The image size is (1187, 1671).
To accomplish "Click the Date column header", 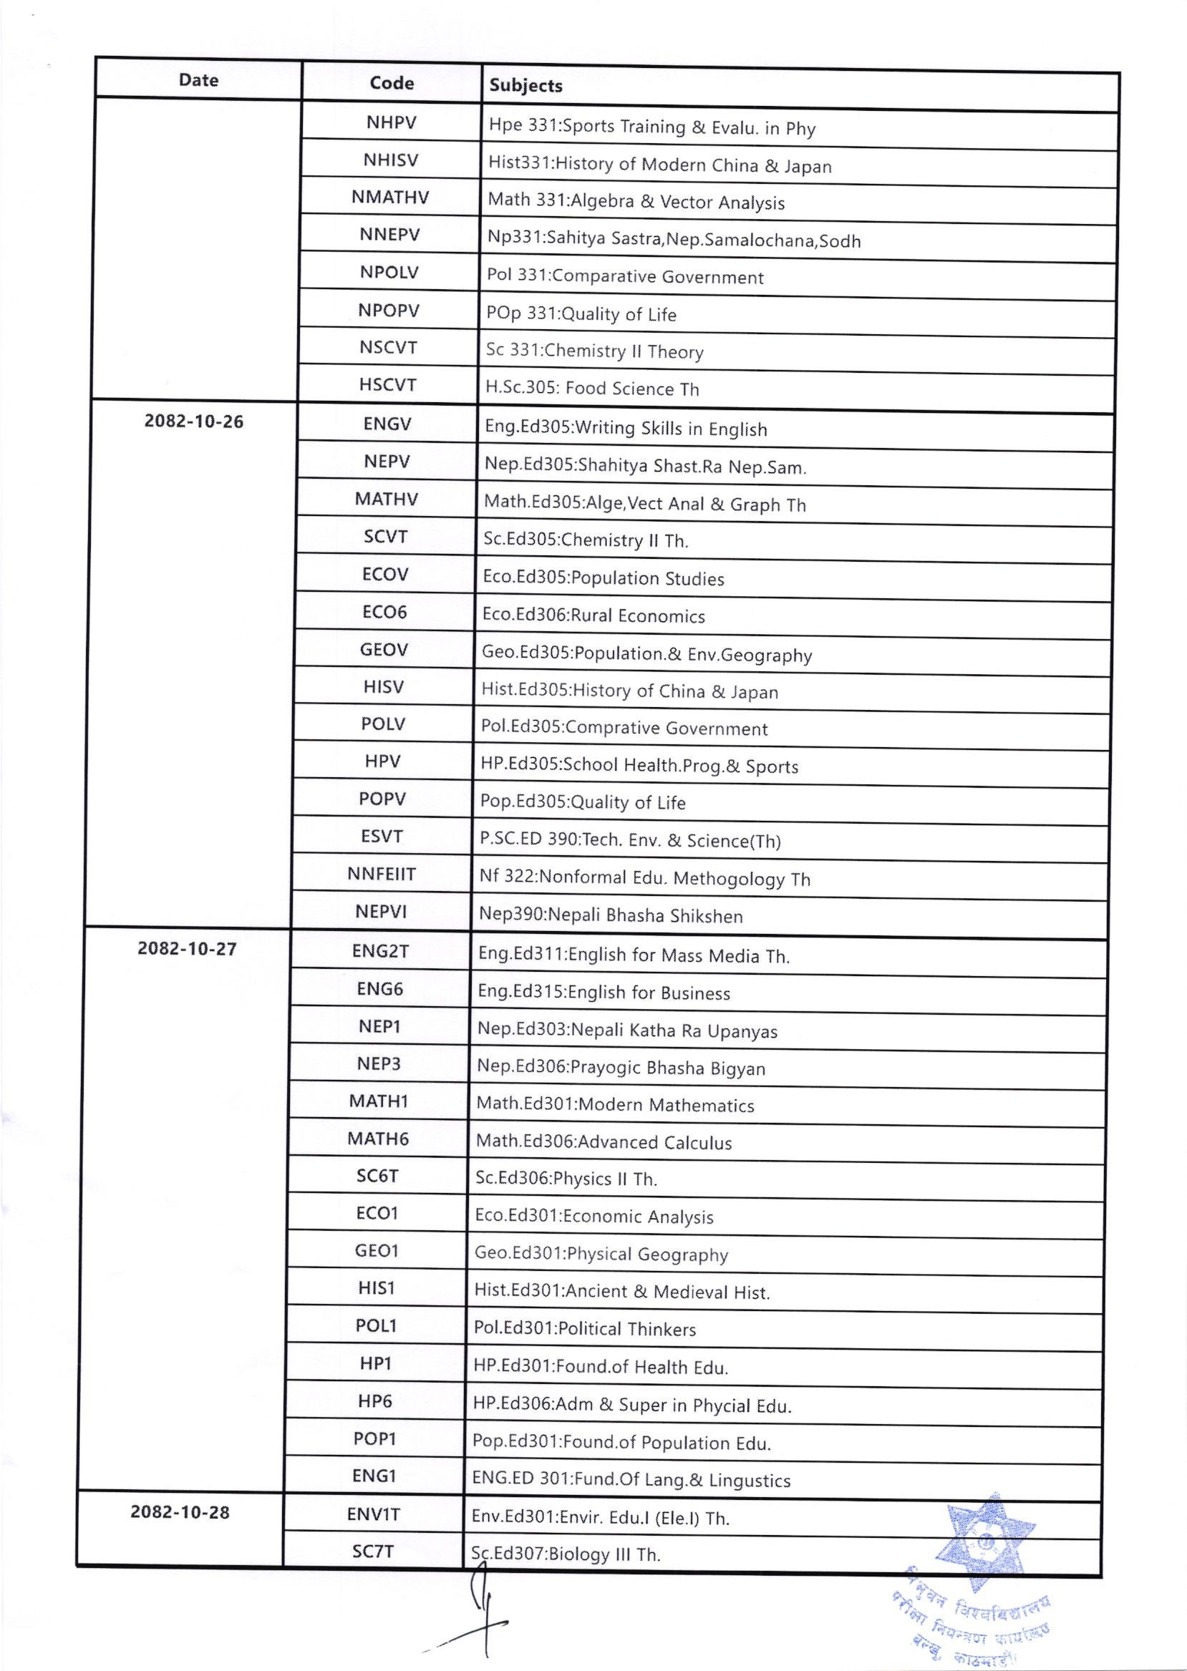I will (x=198, y=79).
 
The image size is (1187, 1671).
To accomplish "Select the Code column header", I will (x=392, y=83).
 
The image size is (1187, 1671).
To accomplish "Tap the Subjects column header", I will (x=525, y=85).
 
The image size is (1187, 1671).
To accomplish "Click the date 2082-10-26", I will (x=194, y=422).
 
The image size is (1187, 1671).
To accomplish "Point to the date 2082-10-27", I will (x=187, y=948).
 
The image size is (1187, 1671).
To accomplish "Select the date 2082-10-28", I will (x=180, y=1511).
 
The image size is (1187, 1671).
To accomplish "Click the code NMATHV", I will (x=389, y=198).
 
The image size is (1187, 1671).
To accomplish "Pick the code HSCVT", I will (x=387, y=384).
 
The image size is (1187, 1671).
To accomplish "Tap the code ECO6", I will (x=384, y=612).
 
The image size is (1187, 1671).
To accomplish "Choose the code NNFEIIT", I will (x=382, y=874).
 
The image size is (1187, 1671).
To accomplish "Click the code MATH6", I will (x=378, y=1139).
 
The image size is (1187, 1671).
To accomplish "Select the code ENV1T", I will (x=374, y=1514).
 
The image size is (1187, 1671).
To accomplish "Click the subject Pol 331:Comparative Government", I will (x=625, y=277).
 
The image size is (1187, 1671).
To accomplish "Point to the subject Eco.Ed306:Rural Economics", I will (x=593, y=616).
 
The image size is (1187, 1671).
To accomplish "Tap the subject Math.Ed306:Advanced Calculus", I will (x=604, y=1142).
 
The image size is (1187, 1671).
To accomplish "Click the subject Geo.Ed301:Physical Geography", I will (x=601, y=1255).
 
